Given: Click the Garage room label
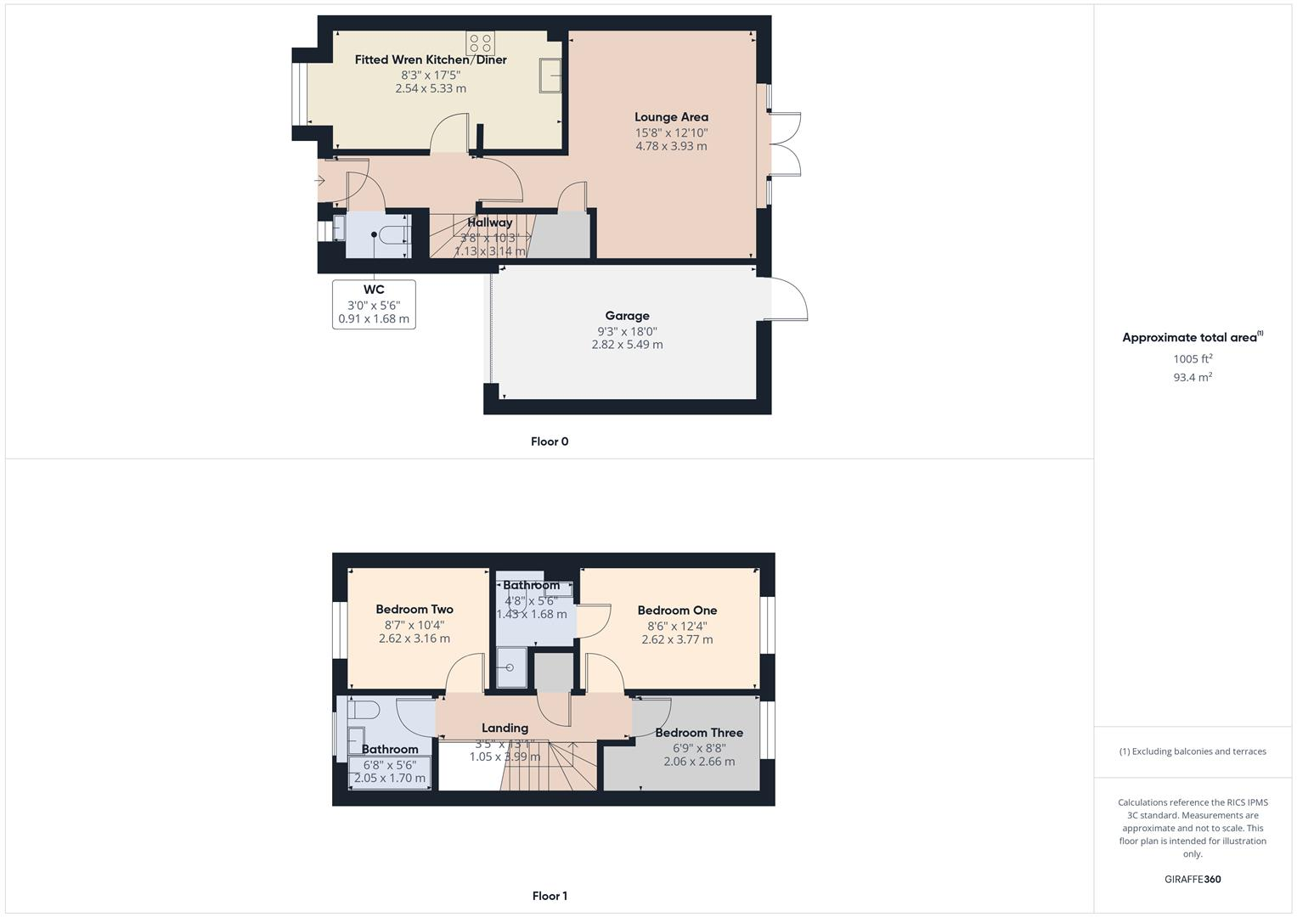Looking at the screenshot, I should (x=627, y=316).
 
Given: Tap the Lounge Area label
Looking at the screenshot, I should (x=671, y=117).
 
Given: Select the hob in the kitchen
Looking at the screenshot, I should (x=480, y=42).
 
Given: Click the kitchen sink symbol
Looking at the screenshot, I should (x=550, y=76).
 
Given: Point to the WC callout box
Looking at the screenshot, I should (x=374, y=304).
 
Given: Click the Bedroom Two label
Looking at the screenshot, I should (x=414, y=609).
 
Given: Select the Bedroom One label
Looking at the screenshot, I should (x=677, y=610).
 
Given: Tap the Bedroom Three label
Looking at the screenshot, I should (x=698, y=732).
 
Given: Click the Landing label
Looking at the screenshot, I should (x=505, y=728).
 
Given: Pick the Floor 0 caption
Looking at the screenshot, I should (x=550, y=442).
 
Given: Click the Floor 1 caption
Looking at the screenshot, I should (x=550, y=896).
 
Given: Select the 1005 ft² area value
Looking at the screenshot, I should (x=1193, y=359).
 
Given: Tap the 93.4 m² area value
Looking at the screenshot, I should (x=1193, y=377).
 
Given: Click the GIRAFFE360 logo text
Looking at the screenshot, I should (x=1193, y=879).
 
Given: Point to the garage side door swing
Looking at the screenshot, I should (x=787, y=301).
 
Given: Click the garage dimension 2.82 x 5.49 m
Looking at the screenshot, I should (x=627, y=345).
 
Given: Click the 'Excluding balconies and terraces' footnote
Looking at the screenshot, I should (x=1193, y=751).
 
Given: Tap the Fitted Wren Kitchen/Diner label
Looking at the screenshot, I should (x=431, y=59).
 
